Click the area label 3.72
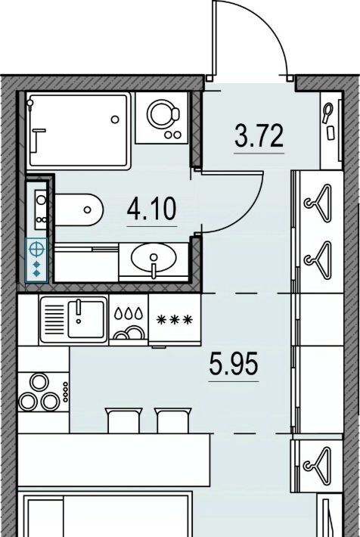[259, 136]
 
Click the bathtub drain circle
[115, 120]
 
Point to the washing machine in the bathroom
[162, 117]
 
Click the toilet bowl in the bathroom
[79, 210]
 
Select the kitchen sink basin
[85, 319]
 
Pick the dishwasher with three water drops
[129, 320]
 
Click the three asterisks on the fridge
[175, 320]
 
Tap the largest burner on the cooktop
[39, 382]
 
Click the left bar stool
[123, 421]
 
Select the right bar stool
[173, 421]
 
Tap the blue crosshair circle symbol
[36, 249]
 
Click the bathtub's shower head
[30, 103]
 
